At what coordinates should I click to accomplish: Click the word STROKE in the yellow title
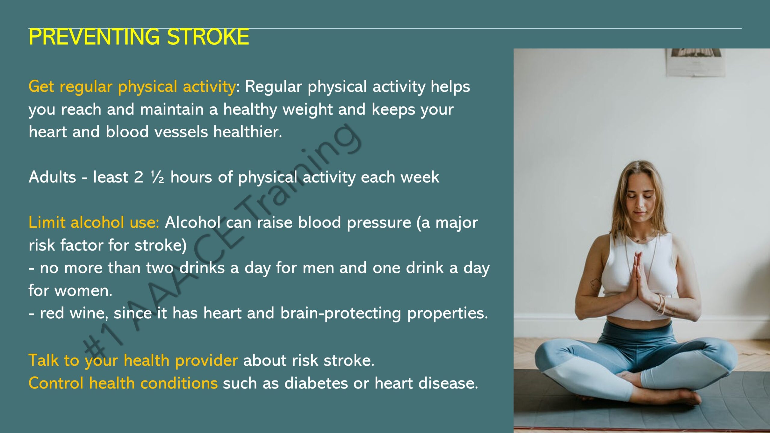point(208,37)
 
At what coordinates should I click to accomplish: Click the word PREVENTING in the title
point(94,37)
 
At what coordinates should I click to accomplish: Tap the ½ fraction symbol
point(157,177)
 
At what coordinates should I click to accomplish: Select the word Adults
point(52,177)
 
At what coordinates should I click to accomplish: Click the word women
point(84,290)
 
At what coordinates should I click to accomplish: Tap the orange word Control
point(56,383)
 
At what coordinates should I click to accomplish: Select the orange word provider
point(207,360)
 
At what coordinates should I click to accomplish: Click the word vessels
point(181,132)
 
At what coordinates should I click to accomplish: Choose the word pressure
point(379,223)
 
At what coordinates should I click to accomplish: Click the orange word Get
point(41,87)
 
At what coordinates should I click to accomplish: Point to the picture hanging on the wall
point(695,62)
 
